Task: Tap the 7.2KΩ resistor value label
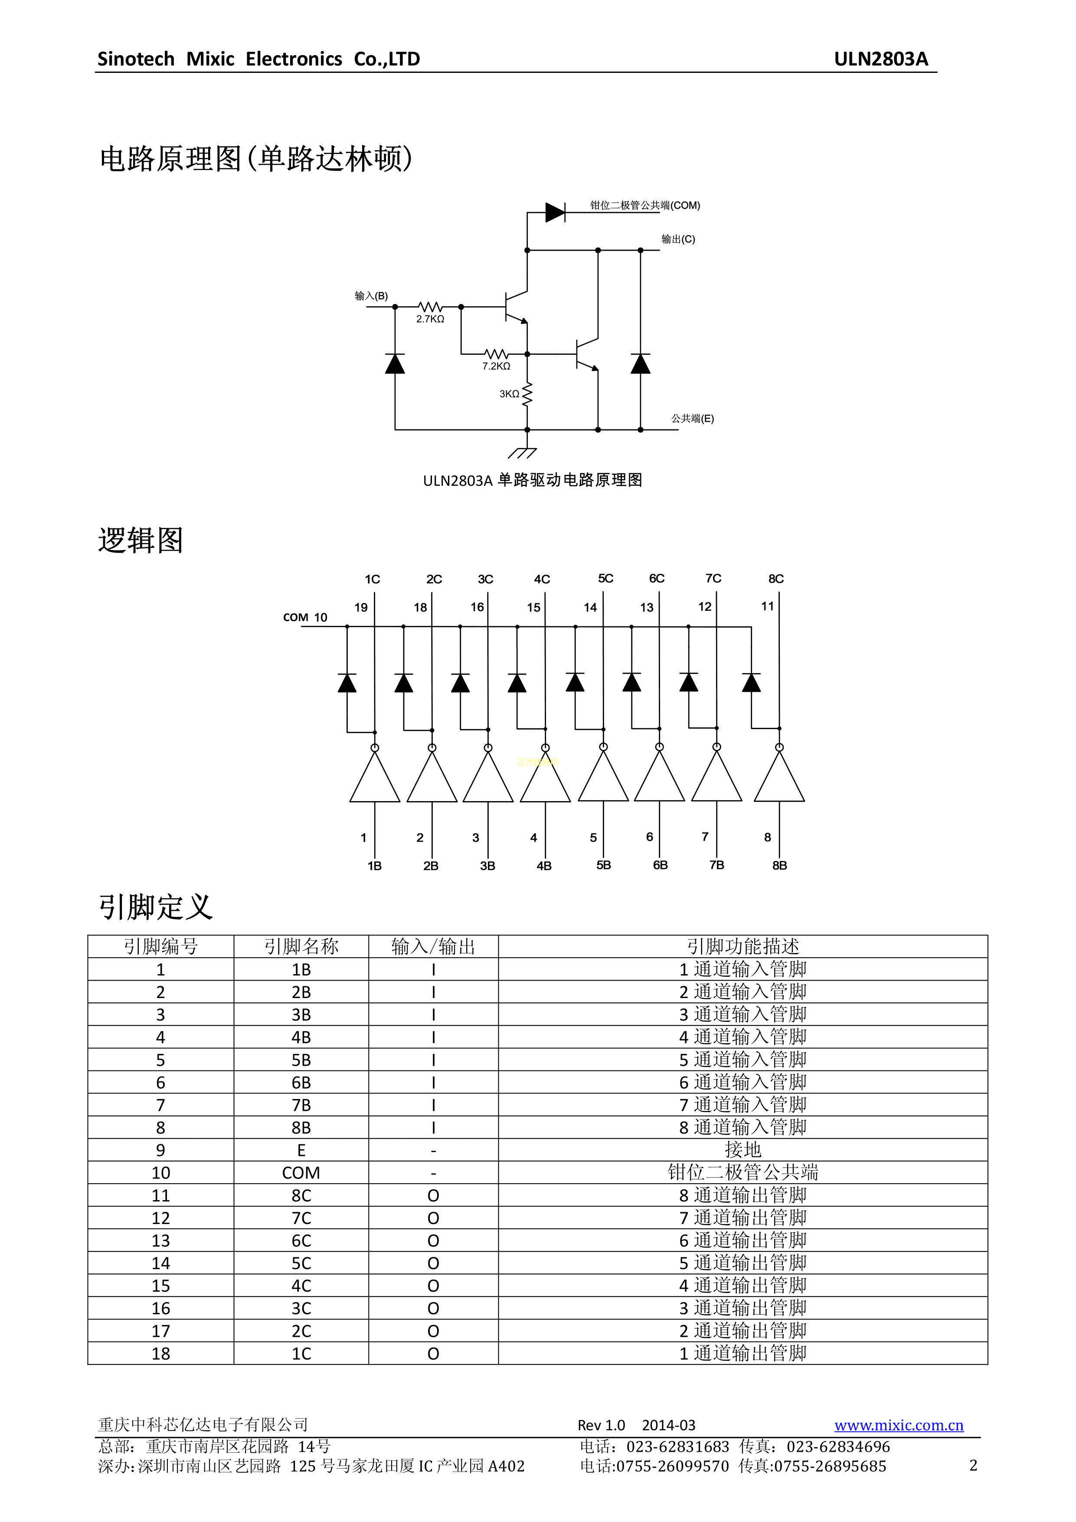click(x=496, y=366)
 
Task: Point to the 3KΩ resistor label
click(x=509, y=394)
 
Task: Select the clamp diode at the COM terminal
click(x=554, y=212)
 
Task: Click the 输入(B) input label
click(x=371, y=296)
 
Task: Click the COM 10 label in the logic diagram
click(x=305, y=617)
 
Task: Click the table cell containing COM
click(x=301, y=1173)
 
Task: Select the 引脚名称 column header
click(x=301, y=946)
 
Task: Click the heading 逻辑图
click(x=141, y=540)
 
